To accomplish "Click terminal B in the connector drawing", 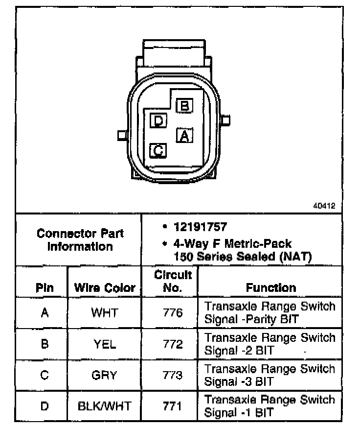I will tap(184, 105).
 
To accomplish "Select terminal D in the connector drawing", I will tap(158, 120).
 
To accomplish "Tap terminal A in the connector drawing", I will tap(184, 135).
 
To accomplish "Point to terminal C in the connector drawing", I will tap(158, 150).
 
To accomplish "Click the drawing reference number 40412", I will tap(324, 206).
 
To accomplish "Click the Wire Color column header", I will tap(104, 287).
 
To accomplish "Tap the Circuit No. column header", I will tap(173, 281).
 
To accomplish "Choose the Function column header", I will tap(270, 287).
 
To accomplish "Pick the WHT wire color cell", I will tap(104, 312).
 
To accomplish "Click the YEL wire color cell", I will tap(104, 344).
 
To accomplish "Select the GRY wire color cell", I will tap(104, 376).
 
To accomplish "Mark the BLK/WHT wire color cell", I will tap(104, 406).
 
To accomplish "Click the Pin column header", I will tap(45, 287).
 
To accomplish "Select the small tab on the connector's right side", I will tap(225, 120).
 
